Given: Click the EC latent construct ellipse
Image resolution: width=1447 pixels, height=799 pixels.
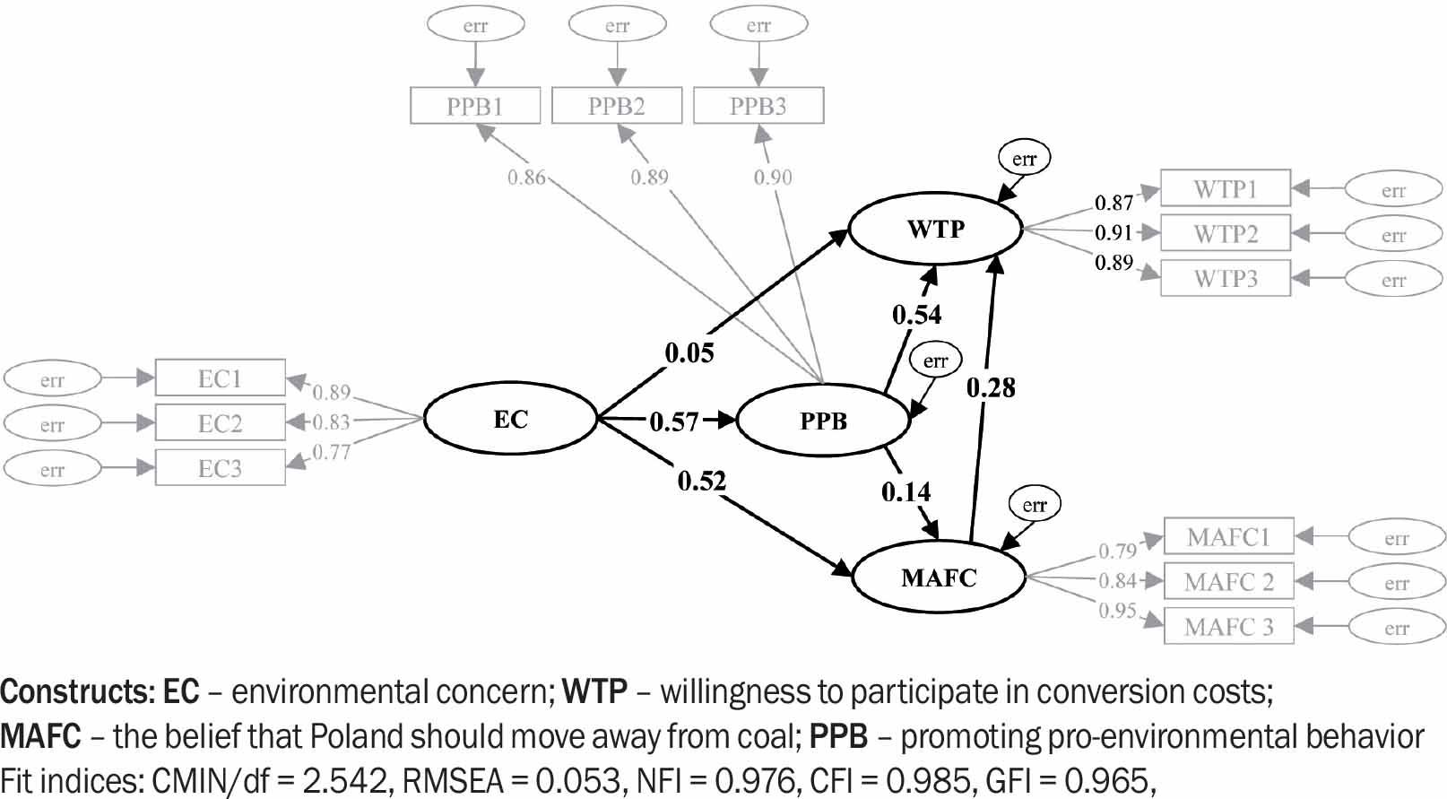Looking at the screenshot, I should click(510, 419).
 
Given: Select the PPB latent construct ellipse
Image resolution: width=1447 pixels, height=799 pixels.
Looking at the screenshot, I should click(822, 421).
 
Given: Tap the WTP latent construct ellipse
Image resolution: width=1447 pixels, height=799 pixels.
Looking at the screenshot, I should click(935, 230).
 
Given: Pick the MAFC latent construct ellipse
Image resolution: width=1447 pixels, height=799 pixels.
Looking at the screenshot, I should click(938, 578).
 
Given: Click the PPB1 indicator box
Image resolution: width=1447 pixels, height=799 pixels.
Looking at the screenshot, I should click(475, 106).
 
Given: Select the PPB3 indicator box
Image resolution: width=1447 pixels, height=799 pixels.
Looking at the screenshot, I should click(758, 106).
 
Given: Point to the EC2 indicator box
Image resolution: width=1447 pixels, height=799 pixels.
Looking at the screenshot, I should click(220, 423).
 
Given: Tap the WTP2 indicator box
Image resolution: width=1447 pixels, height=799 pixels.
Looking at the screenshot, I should click(1225, 234).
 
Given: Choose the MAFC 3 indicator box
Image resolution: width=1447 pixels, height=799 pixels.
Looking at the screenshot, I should click(1228, 626).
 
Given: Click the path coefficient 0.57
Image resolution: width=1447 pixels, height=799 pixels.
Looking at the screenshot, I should click(673, 421).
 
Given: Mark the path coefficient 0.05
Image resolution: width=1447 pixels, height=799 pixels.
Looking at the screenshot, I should click(689, 353).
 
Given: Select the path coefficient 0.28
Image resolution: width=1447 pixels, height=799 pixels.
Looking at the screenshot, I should click(991, 387).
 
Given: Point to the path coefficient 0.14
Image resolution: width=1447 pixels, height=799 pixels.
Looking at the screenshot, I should click(905, 491).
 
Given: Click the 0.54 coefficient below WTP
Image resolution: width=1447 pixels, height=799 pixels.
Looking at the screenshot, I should click(916, 315).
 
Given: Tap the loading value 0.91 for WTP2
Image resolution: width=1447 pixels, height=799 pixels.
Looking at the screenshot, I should click(1113, 233).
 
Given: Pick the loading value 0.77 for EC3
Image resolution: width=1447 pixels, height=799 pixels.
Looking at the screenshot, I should click(331, 453).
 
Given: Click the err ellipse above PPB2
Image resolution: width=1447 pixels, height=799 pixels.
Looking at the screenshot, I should click(617, 26).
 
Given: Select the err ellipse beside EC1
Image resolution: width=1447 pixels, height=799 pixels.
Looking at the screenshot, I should click(52, 380).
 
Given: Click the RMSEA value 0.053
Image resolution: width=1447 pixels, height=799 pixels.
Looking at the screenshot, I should click(578, 781).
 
